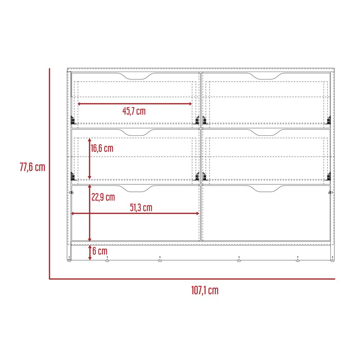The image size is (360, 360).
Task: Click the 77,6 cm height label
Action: tap(32, 167)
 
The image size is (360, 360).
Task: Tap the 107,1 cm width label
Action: tap(205, 290)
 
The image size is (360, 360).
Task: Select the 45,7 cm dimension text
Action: tap(134, 111)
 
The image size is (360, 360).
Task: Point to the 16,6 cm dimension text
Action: tap(102, 148)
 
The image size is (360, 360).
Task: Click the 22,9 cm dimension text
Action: tap(103, 197)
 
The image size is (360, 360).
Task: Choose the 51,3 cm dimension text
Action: tap(141, 208)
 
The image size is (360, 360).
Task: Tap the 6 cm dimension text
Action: tap(100, 251)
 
